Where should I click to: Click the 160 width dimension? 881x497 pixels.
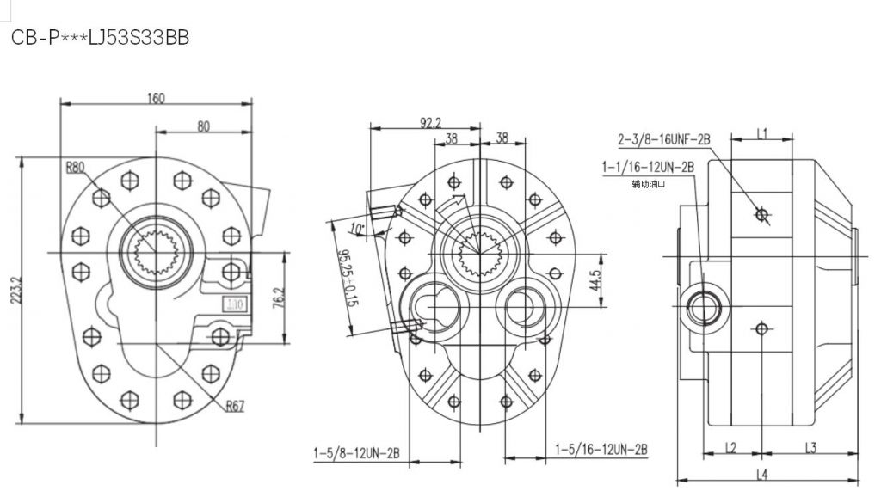(x=156, y=98)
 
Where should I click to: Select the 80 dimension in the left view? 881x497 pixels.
(x=204, y=126)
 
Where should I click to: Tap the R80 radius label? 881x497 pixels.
(x=75, y=168)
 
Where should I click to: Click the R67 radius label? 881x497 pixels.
(x=236, y=407)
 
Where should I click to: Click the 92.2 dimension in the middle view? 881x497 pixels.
(x=431, y=123)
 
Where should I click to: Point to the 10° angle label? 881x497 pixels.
(x=359, y=229)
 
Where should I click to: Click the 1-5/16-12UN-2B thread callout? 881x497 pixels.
(x=601, y=450)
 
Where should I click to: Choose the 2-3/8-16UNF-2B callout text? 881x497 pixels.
(x=663, y=138)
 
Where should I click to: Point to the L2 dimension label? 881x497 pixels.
(x=730, y=447)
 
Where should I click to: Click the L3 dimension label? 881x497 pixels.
(x=810, y=447)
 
